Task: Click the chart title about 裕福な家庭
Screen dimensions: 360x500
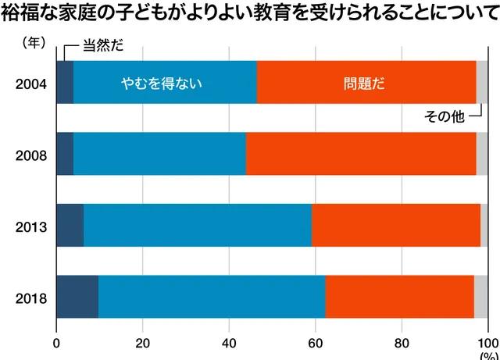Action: [x=250, y=14]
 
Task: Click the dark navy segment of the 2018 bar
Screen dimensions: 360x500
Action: [x=77, y=298]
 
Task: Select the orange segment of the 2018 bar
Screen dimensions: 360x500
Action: [x=399, y=298]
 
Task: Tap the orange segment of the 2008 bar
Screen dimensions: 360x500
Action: [x=361, y=154]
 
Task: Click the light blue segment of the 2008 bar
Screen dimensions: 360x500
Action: [x=159, y=154]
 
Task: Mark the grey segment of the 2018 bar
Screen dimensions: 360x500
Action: [x=480, y=298]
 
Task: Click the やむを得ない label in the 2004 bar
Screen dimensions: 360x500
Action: [x=162, y=82]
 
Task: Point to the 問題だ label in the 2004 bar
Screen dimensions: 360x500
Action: [x=364, y=82]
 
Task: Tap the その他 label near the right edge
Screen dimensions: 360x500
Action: [x=444, y=116]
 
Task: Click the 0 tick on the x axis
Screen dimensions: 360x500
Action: [x=57, y=341]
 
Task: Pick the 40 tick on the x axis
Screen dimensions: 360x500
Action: [x=229, y=341]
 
